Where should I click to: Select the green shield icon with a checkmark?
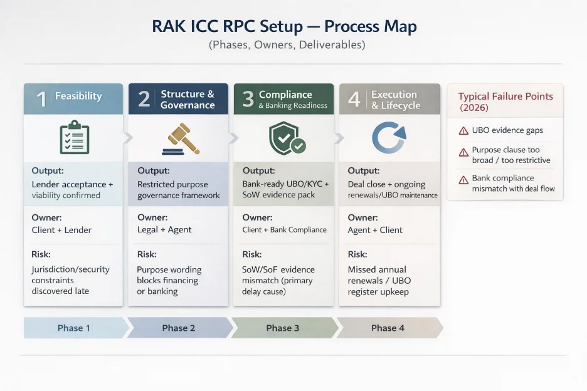click(286, 138)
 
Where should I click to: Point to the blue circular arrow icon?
click(389, 138)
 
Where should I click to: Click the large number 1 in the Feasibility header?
click(41, 99)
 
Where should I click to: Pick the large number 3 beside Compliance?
click(248, 100)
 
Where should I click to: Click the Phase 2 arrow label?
click(179, 328)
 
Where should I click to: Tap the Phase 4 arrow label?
click(388, 328)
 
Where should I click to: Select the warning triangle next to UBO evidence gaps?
click(463, 131)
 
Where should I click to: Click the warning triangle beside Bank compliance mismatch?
click(463, 179)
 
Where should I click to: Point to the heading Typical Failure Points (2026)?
click(505, 102)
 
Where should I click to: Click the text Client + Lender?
click(61, 230)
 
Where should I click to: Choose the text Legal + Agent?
click(164, 230)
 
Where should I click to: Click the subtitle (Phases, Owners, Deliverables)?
click(287, 45)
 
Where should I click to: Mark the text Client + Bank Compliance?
click(284, 230)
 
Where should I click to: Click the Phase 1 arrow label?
click(74, 328)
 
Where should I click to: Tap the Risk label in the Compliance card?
click(253, 254)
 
